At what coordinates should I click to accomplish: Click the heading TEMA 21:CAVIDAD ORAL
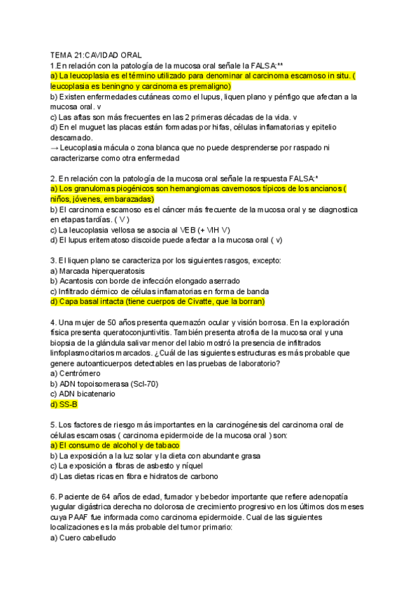(x=96, y=55)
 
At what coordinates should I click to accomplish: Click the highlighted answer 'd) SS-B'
(x=64, y=404)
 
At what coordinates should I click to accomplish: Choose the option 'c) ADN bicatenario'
(x=86, y=394)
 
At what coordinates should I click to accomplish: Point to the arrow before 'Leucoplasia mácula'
(x=55, y=148)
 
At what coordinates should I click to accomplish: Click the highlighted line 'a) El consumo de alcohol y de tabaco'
(x=115, y=445)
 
